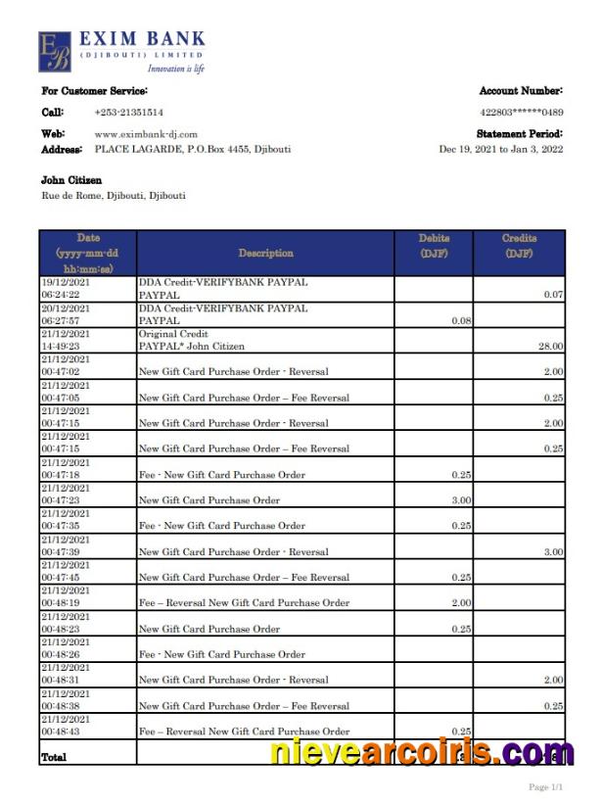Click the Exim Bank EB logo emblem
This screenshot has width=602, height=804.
pyautogui.click(x=55, y=52)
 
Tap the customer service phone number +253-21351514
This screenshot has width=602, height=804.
pyautogui.click(x=128, y=113)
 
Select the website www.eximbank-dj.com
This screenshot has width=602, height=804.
pyautogui.click(x=146, y=134)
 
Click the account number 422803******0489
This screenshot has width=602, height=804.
pyautogui.click(x=521, y=113)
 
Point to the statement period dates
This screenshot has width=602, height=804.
pyautogui.click(x=500, y=150)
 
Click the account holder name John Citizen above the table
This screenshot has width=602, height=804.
pyautogui.click(x=71, y=180)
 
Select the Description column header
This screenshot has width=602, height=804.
pyautogui.click(x=265, y=253)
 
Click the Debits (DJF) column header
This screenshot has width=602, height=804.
pyautogui.click(x=434, y=246)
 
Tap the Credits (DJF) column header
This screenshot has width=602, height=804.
pyautogui.click(x=519, y=246)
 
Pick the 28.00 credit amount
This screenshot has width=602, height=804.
pyautogui.click(x=551, y=346)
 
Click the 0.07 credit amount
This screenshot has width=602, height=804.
pyautogui.click(x=553, y=294)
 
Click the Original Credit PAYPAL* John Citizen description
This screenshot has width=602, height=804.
pyautogui.click(x=192, y=340)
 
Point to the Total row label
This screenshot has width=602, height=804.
pyautogui.click(x=54, y=757)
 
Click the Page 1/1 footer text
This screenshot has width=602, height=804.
pyautogui.click(x=545, y=787)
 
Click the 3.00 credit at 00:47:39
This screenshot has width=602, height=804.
pyautogui.click(x=553, y=551)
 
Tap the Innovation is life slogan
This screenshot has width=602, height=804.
pyautogui.click(x=175, y=69)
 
